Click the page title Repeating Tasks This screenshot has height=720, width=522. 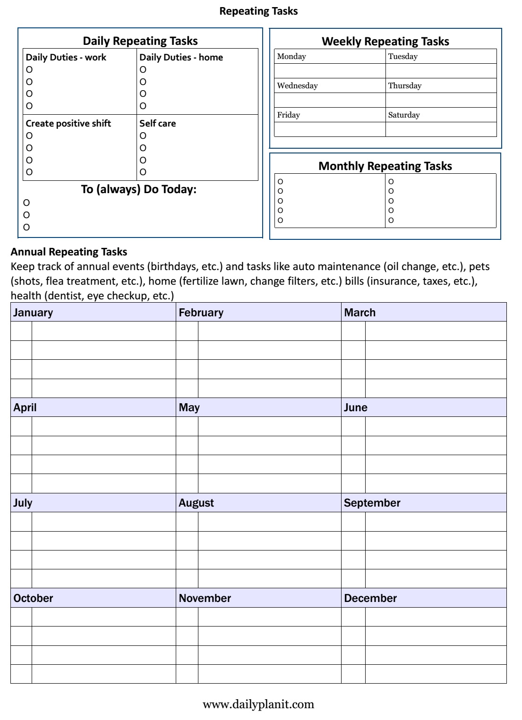click(x=258, y=11)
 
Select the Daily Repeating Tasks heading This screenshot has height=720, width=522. click(x=140, y=41)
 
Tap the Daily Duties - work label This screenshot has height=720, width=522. click(x=66, y=57)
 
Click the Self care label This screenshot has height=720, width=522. click(x=157, y=123)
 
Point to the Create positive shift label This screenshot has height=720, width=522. click(x=68, y=123)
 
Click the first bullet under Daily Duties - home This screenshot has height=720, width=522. click(x=143, y=69)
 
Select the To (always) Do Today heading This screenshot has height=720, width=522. click(x=138, y=189)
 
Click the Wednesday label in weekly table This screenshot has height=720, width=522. click(x=297, y=85)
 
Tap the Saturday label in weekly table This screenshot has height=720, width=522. click(x=404, y=115)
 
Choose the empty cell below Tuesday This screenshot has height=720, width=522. click(x=441, y=71)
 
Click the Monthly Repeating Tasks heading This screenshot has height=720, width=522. click(x=385, y=166)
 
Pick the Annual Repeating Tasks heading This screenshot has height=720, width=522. click(x=69, y=252)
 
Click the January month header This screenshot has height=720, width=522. click(x=33, y=313)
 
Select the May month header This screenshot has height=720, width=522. click(x=189, y=407)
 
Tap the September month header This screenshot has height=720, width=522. click(x=372, y=503)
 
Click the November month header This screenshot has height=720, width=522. click(x=205, y=598)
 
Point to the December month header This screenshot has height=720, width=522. click(x=370, y=598)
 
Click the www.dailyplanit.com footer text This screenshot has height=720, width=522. click(x=258, y=704)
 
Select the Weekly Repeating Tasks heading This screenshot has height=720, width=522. click(x=385, y=42)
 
